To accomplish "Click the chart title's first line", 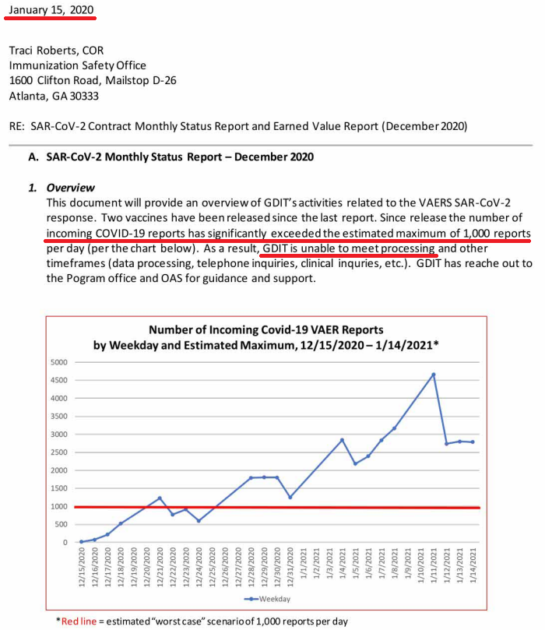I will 265,330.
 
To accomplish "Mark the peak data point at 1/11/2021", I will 434,375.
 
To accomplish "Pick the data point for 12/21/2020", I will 160,498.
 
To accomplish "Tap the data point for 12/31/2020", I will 290,497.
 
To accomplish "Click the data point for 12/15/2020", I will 81,541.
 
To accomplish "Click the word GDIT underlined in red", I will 279,248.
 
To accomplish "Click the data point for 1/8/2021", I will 395,428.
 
